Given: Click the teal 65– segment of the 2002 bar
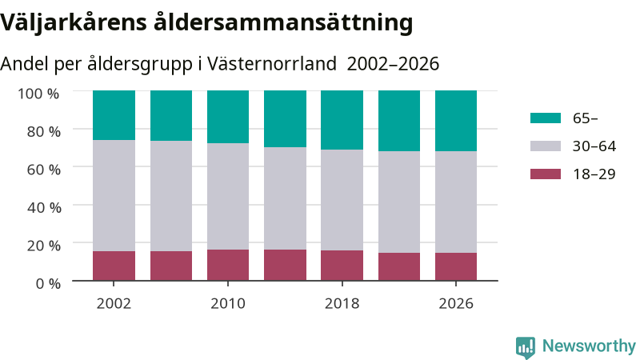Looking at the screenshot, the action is point(114,115).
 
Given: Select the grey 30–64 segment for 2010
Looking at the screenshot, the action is point(228,196).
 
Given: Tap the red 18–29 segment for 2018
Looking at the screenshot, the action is point(342,266).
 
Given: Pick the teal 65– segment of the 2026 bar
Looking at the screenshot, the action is point(456,122).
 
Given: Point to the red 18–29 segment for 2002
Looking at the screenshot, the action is point(114,266).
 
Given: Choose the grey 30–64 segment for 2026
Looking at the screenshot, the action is point(456,202).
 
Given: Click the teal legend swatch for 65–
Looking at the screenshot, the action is point(546,118).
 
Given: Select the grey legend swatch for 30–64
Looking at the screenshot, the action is point(546,146).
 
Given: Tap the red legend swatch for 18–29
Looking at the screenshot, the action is point(546,174).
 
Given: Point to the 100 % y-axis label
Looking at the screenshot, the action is point(38,94).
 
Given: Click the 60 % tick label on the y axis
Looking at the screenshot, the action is point(44,170).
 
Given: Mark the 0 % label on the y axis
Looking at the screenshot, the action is point(48,283).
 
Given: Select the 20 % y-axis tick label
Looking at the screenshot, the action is point(44,246).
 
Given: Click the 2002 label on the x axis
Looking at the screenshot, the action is point(114,304).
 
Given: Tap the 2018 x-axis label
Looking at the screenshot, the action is point(342,304).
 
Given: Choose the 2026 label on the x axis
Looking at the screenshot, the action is point(456,304).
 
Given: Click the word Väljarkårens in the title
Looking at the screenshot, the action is point(74,23).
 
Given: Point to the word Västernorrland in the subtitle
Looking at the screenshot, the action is point(272,64).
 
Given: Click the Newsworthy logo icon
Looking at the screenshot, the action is point(526,347).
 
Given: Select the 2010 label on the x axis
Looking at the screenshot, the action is point(228,304).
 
